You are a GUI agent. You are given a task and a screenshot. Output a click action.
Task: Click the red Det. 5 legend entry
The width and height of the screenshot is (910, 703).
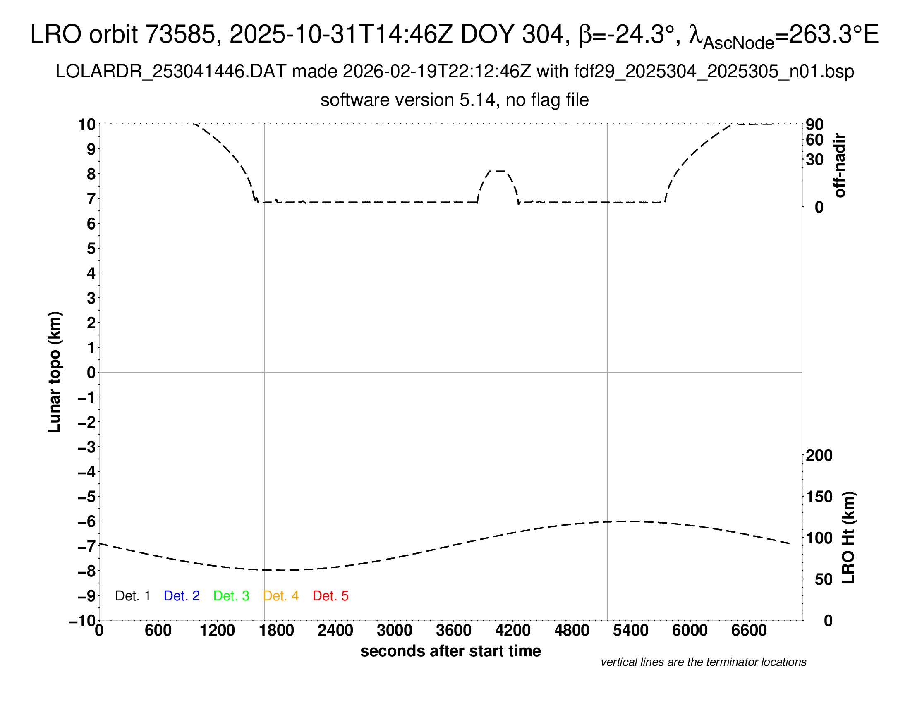coord(330,596)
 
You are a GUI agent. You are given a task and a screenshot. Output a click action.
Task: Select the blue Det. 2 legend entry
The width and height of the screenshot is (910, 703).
coord(182,596)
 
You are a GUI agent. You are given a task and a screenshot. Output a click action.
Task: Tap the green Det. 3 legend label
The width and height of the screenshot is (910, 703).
coord(231,596)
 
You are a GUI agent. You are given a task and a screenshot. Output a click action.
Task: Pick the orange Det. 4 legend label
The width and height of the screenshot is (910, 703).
coord(281,596)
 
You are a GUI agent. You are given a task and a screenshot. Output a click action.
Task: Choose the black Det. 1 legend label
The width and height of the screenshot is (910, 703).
coord(132,596)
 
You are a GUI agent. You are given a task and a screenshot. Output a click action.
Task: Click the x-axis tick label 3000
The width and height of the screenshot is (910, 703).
coord(395,631)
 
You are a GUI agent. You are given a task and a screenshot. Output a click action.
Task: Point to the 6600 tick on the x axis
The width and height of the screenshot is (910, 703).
coord(749,631)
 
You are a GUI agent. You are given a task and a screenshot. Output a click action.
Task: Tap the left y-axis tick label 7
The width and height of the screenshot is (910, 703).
coord(91,199)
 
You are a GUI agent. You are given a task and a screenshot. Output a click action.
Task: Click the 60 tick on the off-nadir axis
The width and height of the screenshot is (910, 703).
coord(814,140)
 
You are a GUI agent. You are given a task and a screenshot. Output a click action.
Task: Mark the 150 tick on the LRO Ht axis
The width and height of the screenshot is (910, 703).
coord(819,497)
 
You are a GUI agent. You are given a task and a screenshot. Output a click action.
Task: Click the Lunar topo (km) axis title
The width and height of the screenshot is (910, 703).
coord(55,372)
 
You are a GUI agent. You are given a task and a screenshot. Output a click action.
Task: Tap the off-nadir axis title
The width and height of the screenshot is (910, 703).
coord(840,165)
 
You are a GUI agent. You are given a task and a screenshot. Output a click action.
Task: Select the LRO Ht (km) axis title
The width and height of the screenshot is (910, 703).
coord(848,538)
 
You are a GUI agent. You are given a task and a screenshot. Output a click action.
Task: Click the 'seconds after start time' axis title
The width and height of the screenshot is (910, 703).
coord(450,651)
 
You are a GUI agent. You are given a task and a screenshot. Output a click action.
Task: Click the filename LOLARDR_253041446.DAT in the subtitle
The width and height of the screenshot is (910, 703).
coord(171,72)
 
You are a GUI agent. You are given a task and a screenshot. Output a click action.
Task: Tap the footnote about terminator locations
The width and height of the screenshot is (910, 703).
coord(703,662)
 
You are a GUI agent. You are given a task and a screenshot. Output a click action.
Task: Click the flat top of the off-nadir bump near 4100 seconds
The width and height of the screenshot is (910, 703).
coord(498,171)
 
